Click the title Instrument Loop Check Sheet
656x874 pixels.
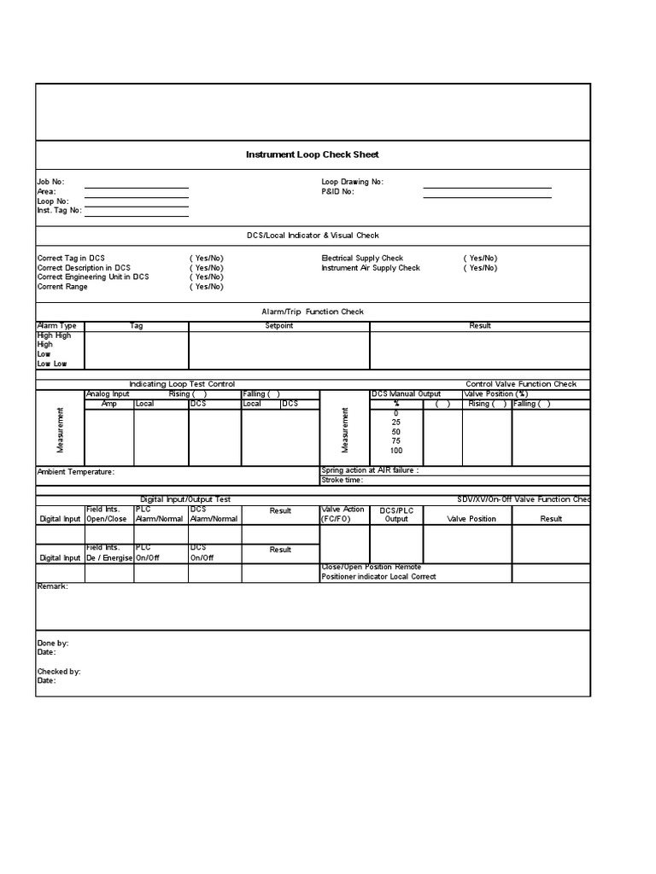312,154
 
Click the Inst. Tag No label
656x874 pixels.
59,210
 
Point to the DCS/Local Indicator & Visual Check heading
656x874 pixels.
312,236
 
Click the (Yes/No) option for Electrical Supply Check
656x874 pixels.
480,258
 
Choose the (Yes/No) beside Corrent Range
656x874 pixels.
206,287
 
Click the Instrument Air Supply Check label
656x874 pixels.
371,268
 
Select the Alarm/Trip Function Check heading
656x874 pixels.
312,312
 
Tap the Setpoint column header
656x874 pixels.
278,326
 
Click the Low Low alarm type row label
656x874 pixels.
52,364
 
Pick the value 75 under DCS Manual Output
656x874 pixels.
396,441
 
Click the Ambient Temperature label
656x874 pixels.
75,471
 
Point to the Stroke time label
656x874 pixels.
343,480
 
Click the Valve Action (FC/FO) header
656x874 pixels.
343,514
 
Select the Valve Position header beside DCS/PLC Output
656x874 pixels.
471,519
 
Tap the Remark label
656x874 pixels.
52,586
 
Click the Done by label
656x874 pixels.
53,643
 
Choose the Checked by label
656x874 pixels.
59,672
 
